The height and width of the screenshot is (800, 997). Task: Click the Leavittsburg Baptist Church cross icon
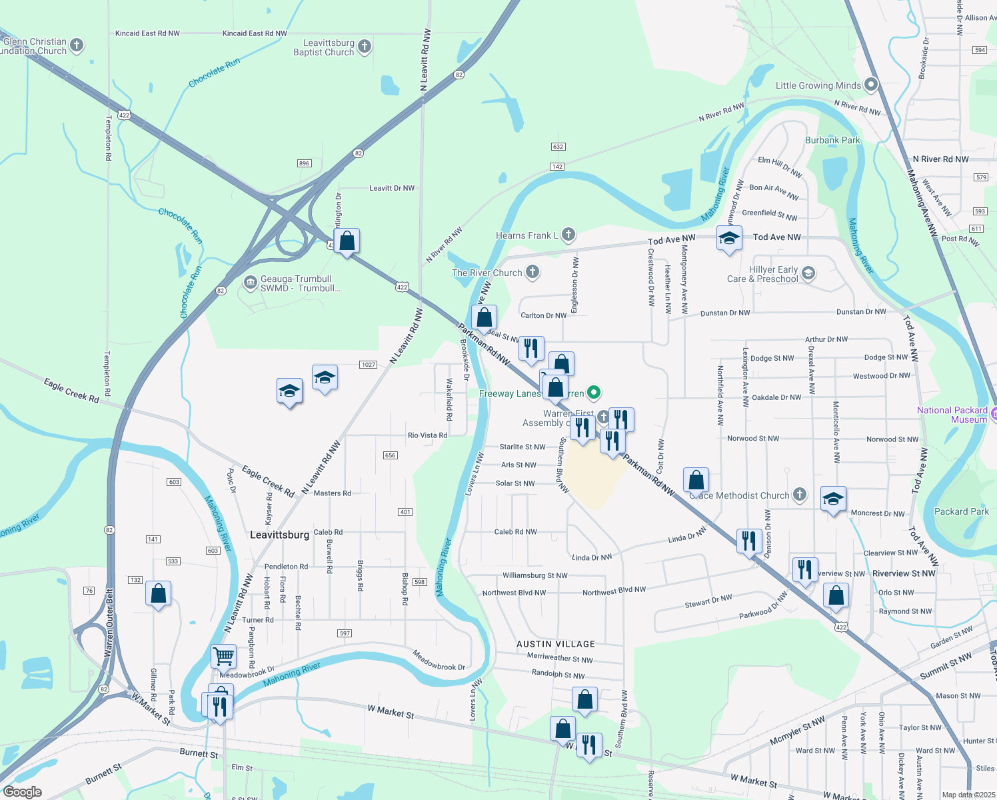(x=364, y=46)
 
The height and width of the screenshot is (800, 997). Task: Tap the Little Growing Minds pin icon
(x=871, y=85)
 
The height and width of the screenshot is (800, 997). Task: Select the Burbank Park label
(x=832, y=140)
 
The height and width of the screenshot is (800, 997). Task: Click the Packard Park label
(x=961, y=511)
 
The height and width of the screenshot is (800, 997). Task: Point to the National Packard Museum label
(x=952, y=415)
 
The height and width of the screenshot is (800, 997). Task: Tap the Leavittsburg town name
(x=279, y=535)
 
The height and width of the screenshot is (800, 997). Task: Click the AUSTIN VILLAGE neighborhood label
(x=556, y=644)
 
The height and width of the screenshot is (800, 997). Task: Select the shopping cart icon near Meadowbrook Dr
(x=223, y=656)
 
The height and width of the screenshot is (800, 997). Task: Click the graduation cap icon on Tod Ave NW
(x=729, y=238)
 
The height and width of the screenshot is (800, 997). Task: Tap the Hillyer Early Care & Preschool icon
(x=808, y=273)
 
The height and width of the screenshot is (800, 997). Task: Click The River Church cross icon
(x=532, y=271)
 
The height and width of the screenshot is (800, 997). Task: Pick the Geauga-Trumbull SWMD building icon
(x=250, y=283)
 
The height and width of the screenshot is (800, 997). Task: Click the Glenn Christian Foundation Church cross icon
(x=77, y=45)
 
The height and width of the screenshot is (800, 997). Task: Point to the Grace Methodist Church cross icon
(x=800, y=495)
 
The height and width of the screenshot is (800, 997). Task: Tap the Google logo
(x=23, y=792)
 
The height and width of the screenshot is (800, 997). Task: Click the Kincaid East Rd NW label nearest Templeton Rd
(x=147, y=33)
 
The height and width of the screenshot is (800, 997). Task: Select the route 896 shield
(x=304, y=163)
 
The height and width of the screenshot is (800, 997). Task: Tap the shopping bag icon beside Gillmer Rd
(x=159, y=593)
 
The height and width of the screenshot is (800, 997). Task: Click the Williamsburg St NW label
(x=534, y=575)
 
